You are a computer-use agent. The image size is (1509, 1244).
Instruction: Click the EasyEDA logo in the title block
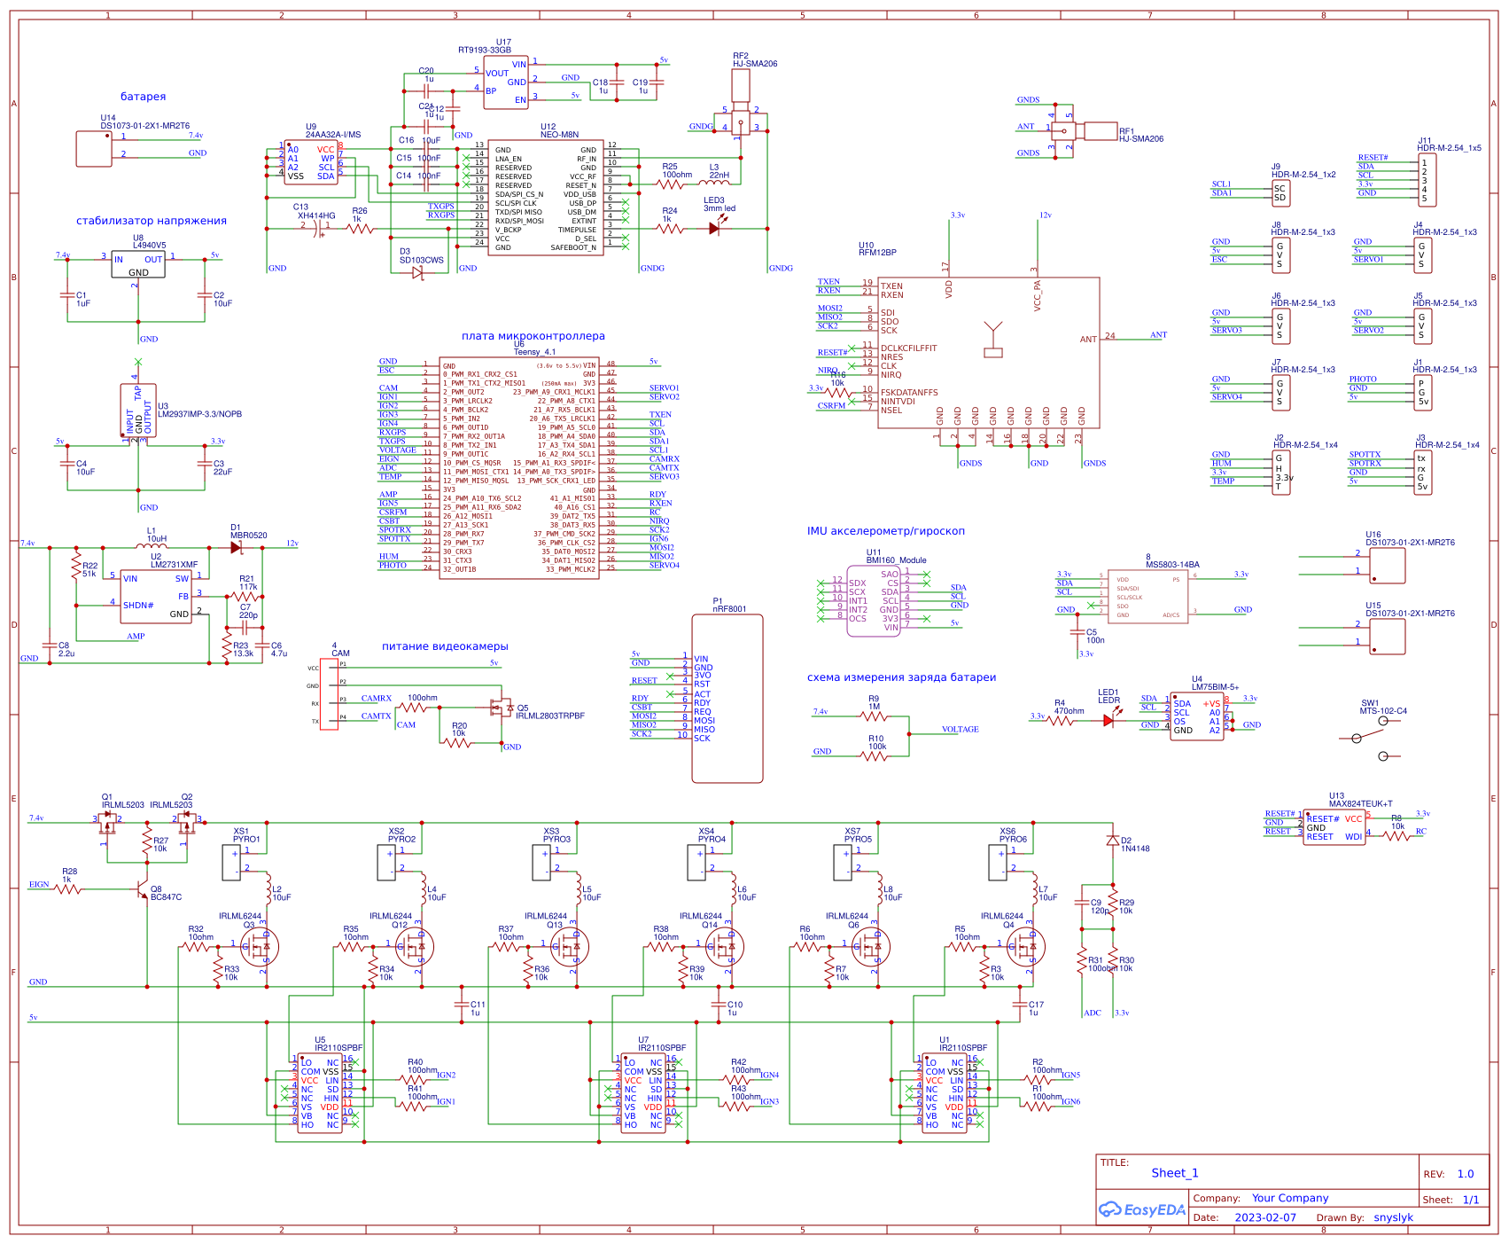(x=1141, y=1209)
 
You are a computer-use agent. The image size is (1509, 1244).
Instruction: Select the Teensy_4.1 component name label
(x=535, y=352)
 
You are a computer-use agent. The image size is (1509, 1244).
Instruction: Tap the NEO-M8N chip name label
(x=560, y=135)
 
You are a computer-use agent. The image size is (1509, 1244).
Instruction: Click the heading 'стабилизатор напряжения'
(x=152, y=221)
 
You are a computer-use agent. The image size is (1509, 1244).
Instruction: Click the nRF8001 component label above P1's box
(x=729, y=609)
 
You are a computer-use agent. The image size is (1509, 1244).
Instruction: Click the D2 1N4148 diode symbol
(x=1113, y=840)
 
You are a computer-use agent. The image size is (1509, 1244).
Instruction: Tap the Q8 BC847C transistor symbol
(x=142, y=889)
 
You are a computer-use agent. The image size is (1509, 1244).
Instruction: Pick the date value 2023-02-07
(x=1264, y=1217)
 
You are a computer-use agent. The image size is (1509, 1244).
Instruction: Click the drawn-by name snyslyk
(x=1393, y=1217)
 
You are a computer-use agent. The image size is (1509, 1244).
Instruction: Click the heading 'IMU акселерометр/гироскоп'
(x=885, y=531)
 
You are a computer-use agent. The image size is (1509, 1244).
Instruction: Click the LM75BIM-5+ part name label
(x=1215, y=687)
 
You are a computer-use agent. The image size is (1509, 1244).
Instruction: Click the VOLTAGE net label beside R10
(x=960, y=729)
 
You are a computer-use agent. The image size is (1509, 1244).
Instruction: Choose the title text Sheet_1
(x=1174, y=1173)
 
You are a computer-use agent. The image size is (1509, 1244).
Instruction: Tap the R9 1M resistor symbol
(x=874, y=716)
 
